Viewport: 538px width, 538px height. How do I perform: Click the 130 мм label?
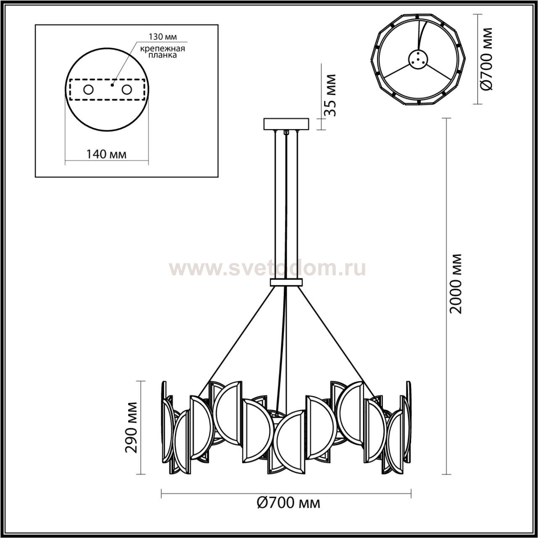click(163, 37)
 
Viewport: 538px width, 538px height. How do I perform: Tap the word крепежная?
click(163, 48)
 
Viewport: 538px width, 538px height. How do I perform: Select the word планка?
click(163, 55)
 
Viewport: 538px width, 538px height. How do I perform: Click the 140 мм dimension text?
click(106, 154)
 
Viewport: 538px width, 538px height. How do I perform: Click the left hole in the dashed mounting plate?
click(89, 90)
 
